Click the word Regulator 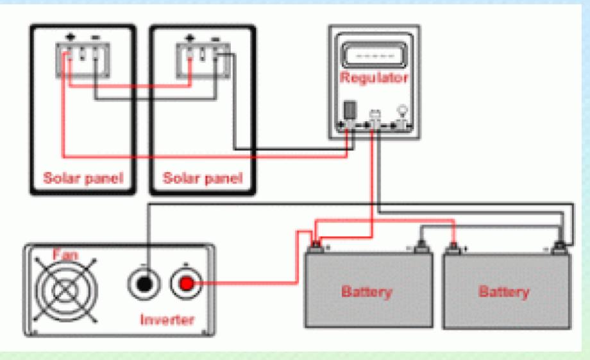pyautogui.click(x=374, y=78)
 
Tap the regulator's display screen pyautogui.click(x=375, y=55)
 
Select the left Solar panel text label pyautogui.click(x=83, y=178)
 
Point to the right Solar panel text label pyautogui.click(x=203, y=178)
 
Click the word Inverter pyautogui.click(x=167, y=320)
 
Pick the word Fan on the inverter pyautogui.click(x=65, y=255)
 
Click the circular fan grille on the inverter pyautogui.click(x=66, y=290)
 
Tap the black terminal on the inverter pyautogui.click(x=144, y=284)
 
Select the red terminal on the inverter pyautogui.click(x=187, y=284)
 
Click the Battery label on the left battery pyautogui.click(x=367, y=292)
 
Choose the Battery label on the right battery pyautogui.click(x=504, y=292)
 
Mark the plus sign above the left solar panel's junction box pyautogui.click(x=71, y=37)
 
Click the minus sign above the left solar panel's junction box pyautogui.click(x=96, y=37)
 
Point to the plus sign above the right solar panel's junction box pyautogui.click(x=190, y=38)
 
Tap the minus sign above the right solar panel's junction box pyautogui.click(x=215, y=39)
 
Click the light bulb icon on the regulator pyautogui.click(x=403, y=111)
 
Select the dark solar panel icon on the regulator pyautogui.click(x=350, y=110)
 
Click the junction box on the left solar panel pyautogui.click(x=83, y=60)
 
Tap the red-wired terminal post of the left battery pyautogui.click(x=316, y=246)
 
